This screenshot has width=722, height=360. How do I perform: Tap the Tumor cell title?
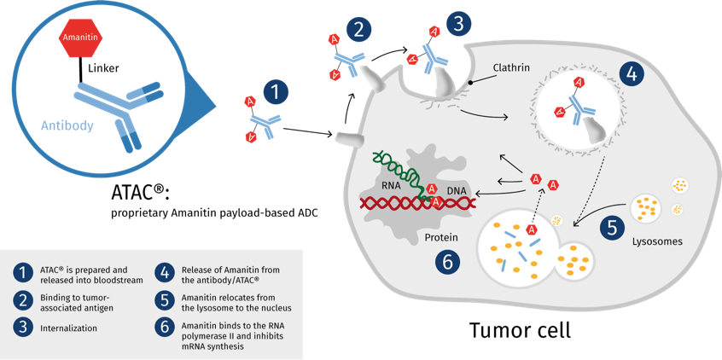[519, 328]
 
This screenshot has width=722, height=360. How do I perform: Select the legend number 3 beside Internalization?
[22, 327]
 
